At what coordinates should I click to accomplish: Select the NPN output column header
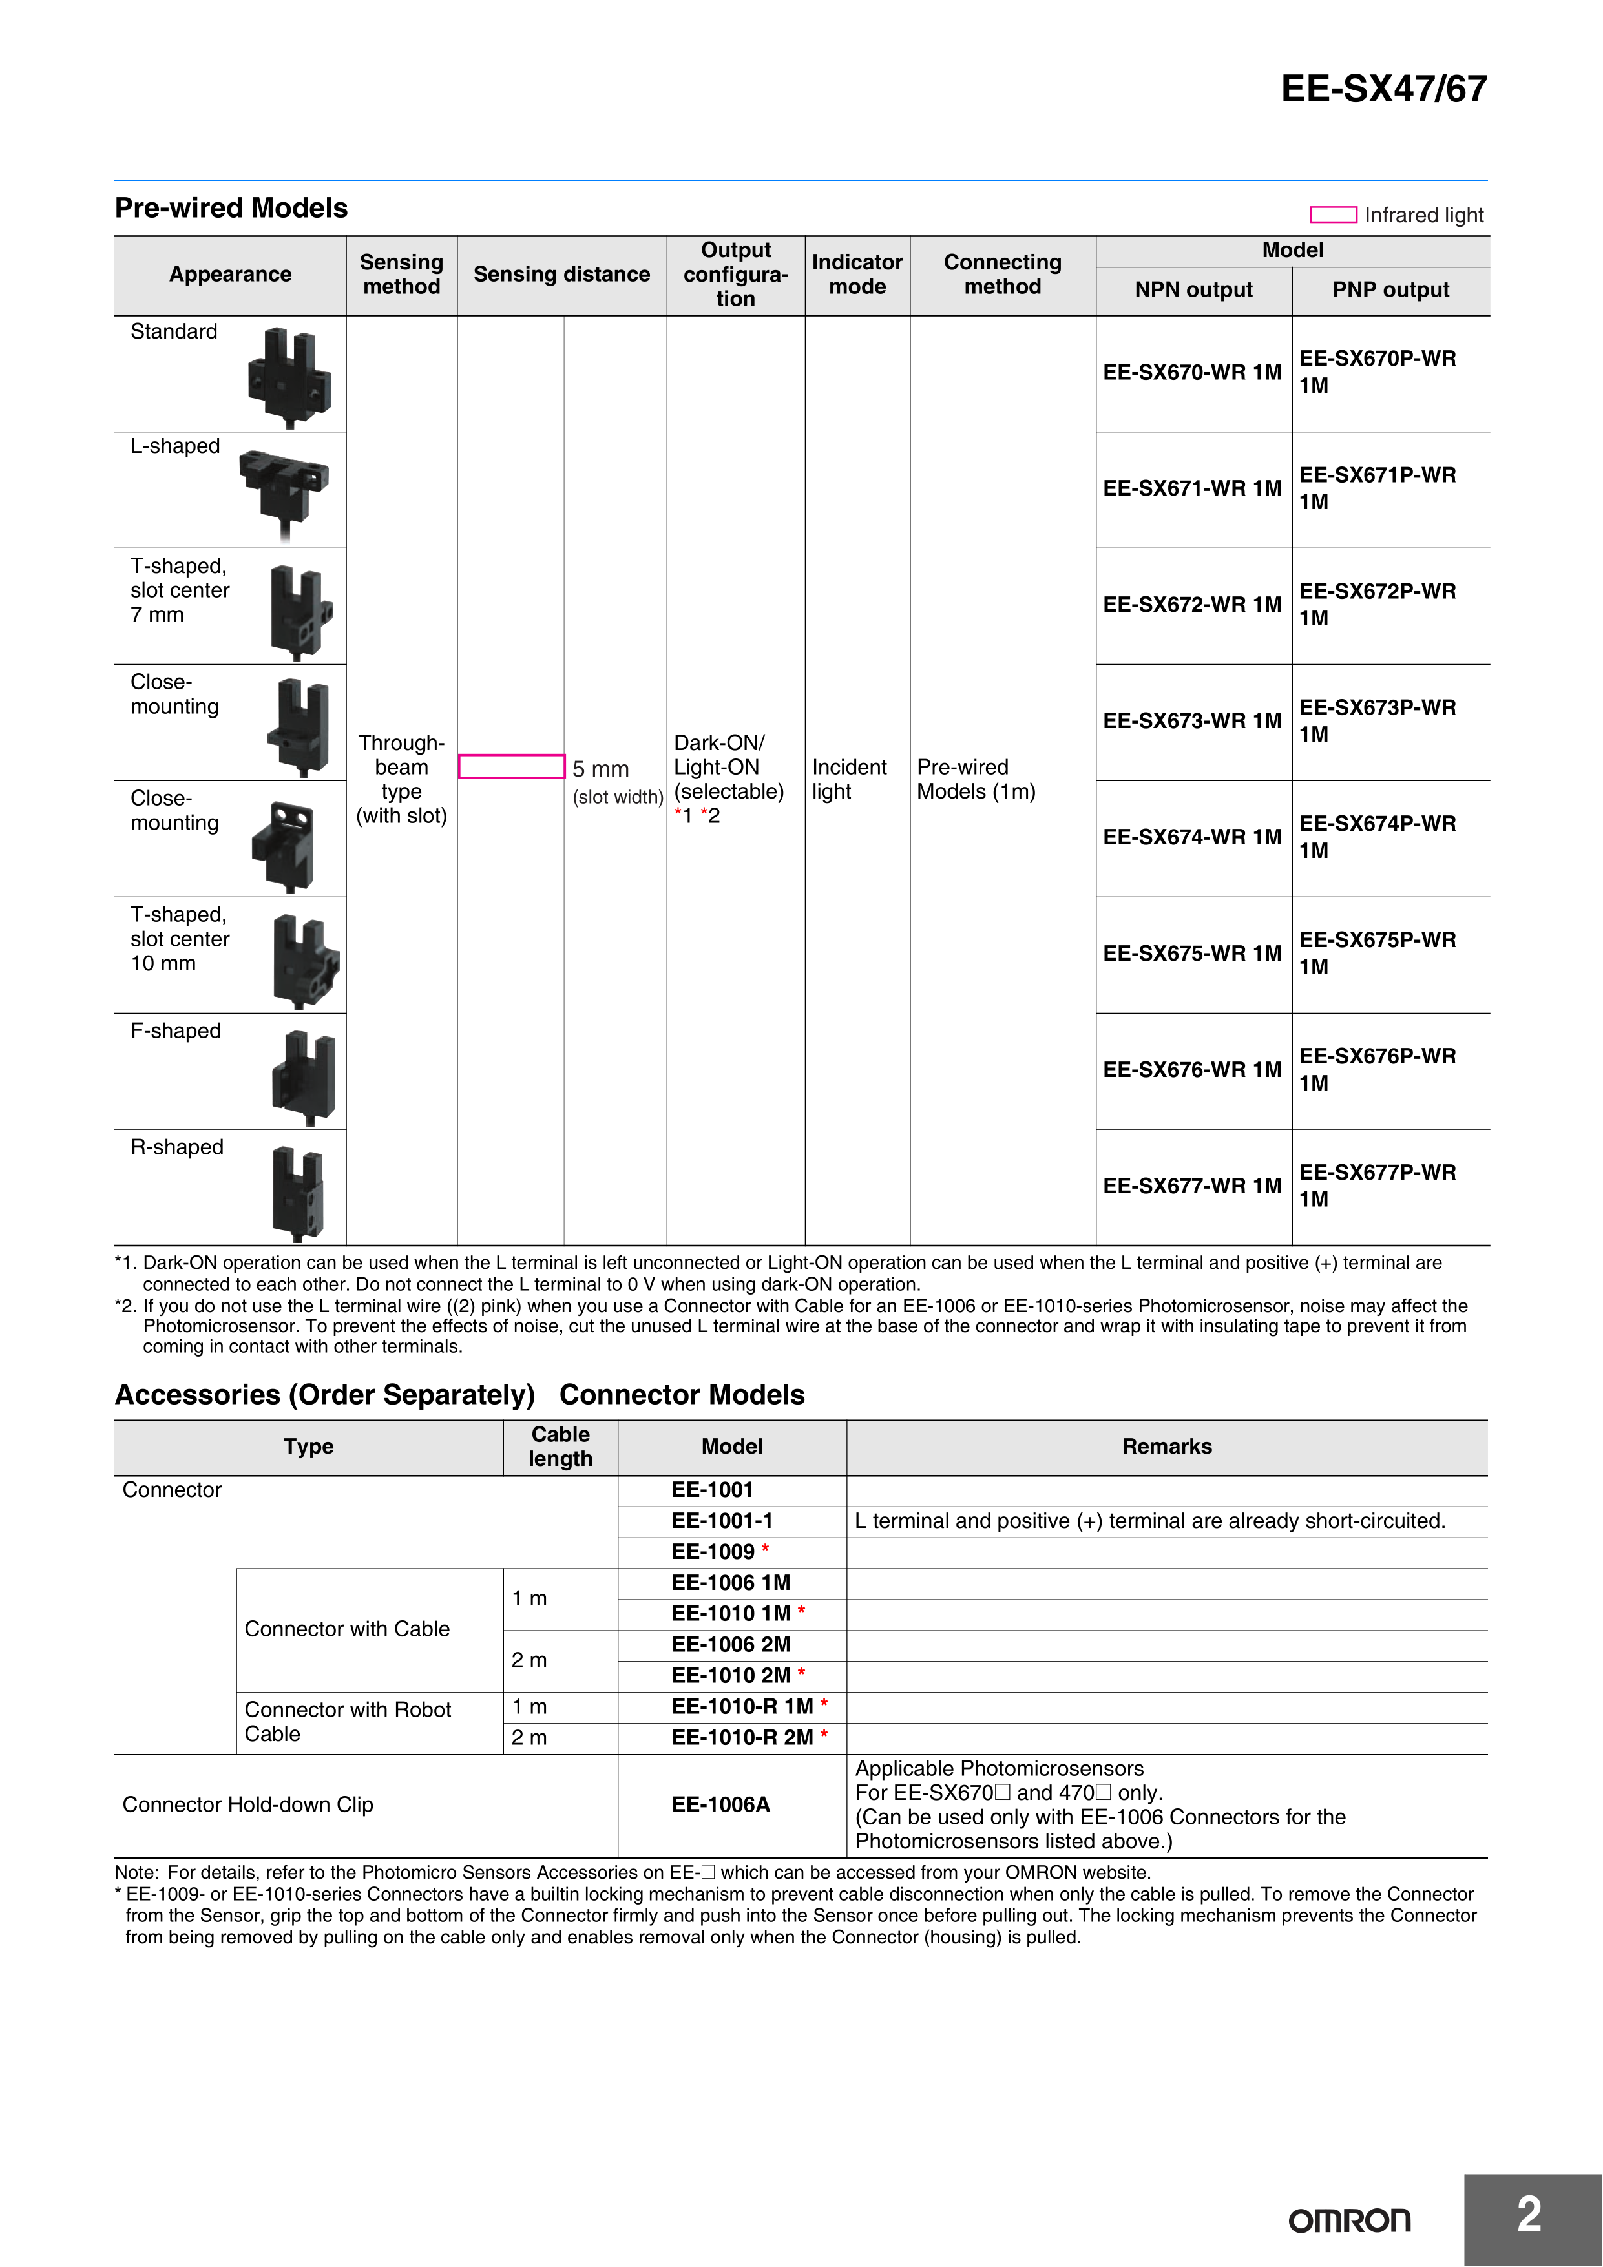[1193, 290]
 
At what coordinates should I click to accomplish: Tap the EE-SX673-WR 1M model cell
[1192, 721]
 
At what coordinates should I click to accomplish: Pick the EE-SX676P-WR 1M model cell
[1377, 1069]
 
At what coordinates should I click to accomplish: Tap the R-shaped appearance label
[177, 1147]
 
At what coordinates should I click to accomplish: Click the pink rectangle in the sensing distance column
[512, 766]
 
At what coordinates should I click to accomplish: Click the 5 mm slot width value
[600, 769]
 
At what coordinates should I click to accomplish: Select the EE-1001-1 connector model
[722, 1521]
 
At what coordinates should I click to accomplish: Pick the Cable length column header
[560, 1447]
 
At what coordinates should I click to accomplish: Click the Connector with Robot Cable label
[348, 1721]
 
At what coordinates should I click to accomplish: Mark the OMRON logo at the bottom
[1349, 2220]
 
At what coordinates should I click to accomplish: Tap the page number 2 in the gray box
[1529, 2215]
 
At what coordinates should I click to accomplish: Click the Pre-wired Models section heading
[231, 208]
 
